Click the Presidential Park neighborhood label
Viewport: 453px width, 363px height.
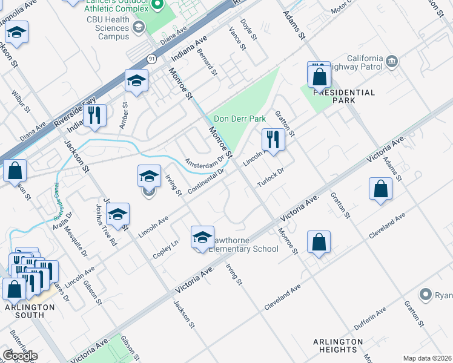(x=343, y=93)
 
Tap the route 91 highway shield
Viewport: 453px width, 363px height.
(x=151, y=58)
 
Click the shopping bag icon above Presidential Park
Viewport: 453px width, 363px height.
(x=319, y=76)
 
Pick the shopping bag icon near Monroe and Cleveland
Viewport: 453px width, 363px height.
(x=319, y=242)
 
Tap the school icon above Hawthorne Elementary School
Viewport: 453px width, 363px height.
(x=202, y=237)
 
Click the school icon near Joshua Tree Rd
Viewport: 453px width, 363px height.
(x=118, y=214)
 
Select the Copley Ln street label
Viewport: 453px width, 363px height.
(x=165, y=250)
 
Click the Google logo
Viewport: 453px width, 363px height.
(x=19, y=355)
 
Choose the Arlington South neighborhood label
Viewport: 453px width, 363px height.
(x=29, y=311)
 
